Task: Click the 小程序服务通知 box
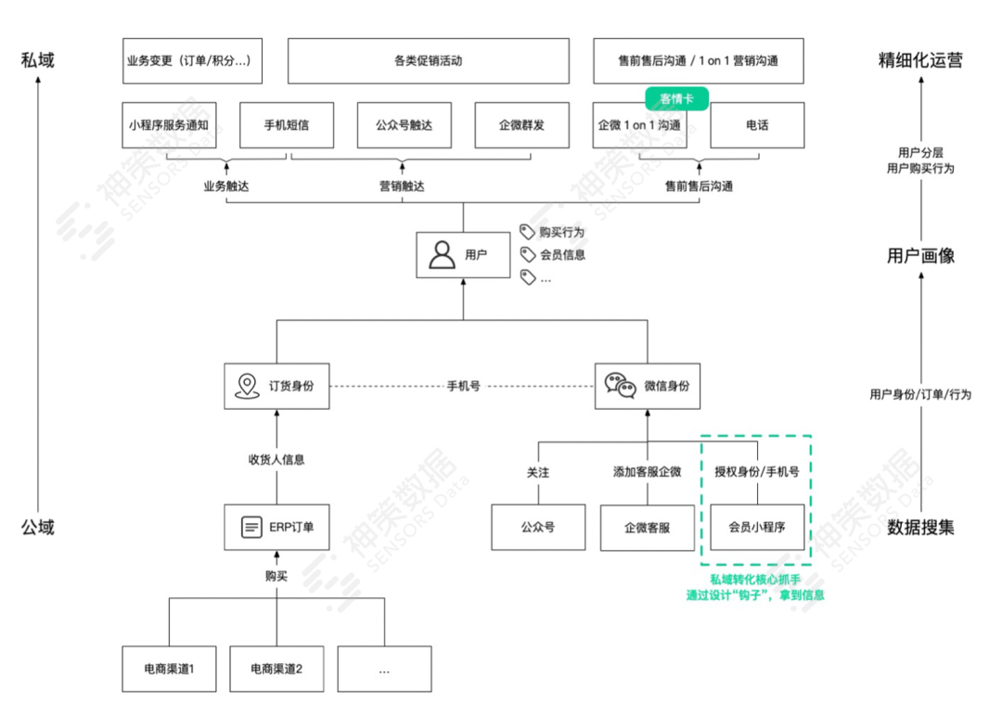tap(169, 125)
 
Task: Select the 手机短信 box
tap(286, 125)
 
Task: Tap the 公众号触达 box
tap(404, 125)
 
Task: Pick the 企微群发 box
tap(520, 125)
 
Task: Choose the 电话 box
tap(756, 125)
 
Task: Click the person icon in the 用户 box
tap(443, 254)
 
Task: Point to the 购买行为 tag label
tap(562, 232)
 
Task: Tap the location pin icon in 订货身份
tap(246, 386)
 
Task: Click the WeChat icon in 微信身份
tap(620, 386)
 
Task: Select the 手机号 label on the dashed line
tap(463, 386)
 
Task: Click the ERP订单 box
tap(277, 528)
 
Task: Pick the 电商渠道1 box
tap(169, 668)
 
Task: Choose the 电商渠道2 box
tap(276, 668)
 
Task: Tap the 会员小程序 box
tap(755, 528)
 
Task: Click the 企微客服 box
tap(647, 528)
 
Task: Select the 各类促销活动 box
tap(428, 61)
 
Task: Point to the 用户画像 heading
tap(920, 256)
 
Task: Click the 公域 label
tap(38, 528)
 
